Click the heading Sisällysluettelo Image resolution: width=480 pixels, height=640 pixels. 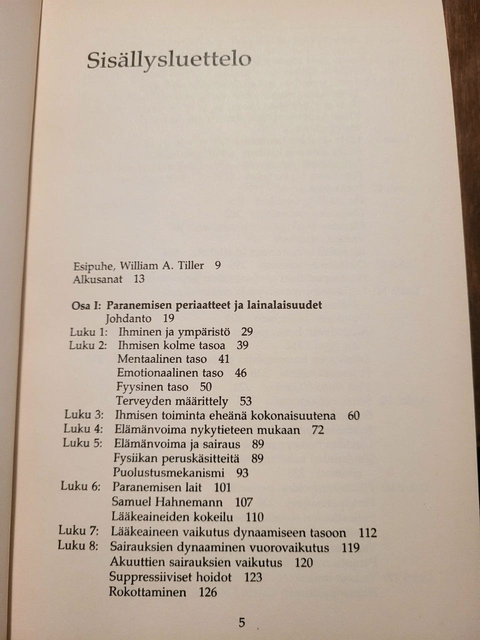coord(169,60)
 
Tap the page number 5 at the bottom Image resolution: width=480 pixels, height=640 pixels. coord(242,622)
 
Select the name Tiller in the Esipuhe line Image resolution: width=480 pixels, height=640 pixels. coord(190,265)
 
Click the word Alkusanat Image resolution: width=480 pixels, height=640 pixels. coord(97,279)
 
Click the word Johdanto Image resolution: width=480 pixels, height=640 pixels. coord(128,318)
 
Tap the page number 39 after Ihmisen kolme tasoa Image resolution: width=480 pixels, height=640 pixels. coord(242,345)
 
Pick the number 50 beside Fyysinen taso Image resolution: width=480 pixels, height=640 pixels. coord(205,386)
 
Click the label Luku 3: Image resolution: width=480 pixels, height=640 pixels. coord(83,414)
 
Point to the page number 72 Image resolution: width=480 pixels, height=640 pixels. coord(317,429)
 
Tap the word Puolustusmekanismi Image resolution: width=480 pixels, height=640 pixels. coord(168,472)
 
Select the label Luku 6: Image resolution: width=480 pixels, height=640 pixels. coord(80,486)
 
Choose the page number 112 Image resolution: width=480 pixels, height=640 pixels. coord(367,532)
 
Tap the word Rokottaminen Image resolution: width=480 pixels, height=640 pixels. coord(147,592)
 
